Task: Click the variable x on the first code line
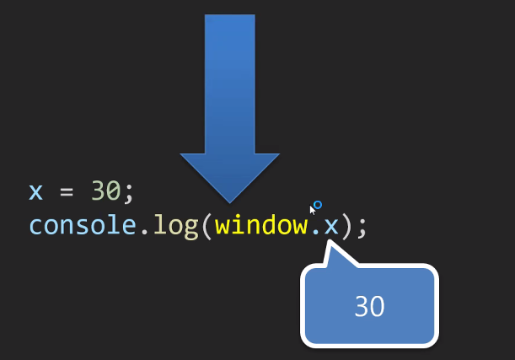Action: pyautogui.click(x=35, y=191)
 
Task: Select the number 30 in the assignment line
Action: pyautogui.click(x=106, y=191)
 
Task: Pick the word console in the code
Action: pyautogui.click(x=81, y=226)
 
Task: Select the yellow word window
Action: pyautogui.click(x=261, y=225)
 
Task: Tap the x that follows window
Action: pyautogui.click(x=330, y=226)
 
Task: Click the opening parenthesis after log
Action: pyautogui.click(x=206, y=226)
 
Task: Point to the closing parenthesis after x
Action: pyautogui.click(x=346, y=226)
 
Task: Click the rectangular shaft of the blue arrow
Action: pyautogui.click(x=229, y=84)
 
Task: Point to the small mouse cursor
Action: pyautogui.click(x=312, y=210)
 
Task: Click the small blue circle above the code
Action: pyautogui.click(x=318, y=204)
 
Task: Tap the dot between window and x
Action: pyautogui.click(x=314, y=233)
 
